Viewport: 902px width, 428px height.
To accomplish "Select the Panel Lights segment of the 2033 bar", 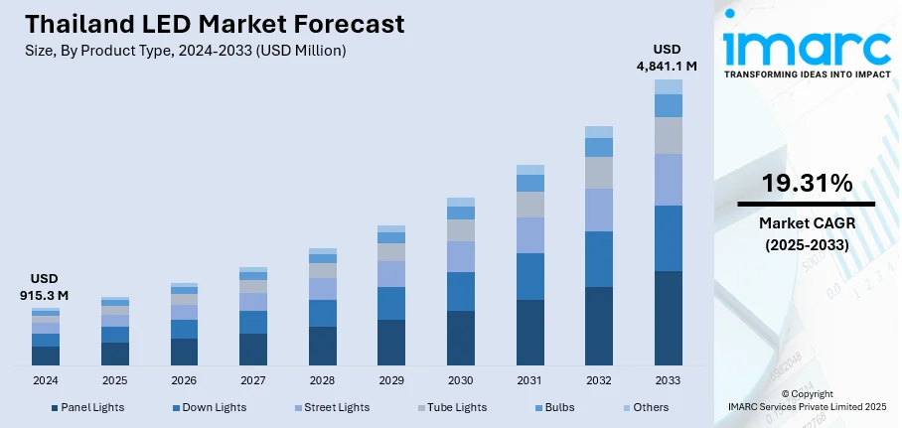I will (x=668, y=318).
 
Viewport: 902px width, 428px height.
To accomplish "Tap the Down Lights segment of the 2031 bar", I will (x=529, y=276).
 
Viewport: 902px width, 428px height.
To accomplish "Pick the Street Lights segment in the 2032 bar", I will (x=598, y=210).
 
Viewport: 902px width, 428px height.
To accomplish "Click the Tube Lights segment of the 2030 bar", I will (x=460, y=230).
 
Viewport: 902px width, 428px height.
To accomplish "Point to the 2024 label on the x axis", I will (x=46, y=380).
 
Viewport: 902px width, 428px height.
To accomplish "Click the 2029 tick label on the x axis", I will (x=391, y=380).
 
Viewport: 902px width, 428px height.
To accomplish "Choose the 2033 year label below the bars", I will (x=668, y=380).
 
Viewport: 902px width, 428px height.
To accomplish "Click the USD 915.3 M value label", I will (x=45, y=287).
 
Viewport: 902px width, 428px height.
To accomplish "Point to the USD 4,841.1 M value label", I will (x=668, y=58).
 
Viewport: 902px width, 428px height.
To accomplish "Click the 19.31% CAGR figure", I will (x=807, y=183).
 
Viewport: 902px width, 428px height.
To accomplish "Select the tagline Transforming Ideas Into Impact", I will (x=807, y=74).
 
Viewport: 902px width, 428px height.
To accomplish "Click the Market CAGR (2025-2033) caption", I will (x=807, y=233).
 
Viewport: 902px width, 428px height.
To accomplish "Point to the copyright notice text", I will (x=807, y=400).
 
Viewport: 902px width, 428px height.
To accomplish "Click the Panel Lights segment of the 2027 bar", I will (x=253, y=349).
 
